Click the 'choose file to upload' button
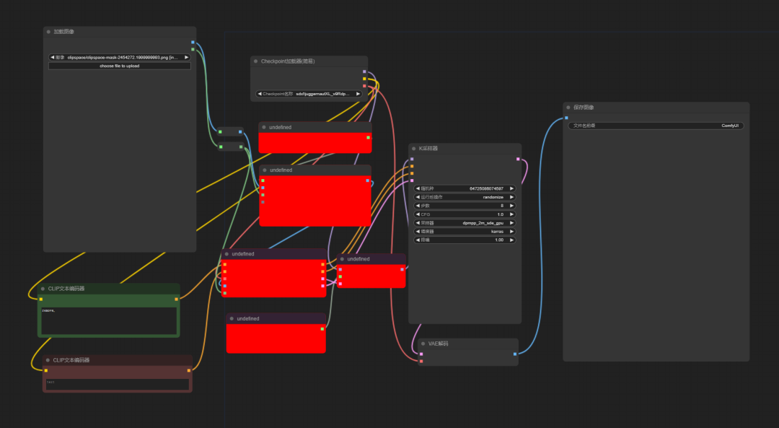click(x=120, y=66)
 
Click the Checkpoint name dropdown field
click(x=309, y=94)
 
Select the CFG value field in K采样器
click(x=465, y=214)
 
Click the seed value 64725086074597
click(x=465, y=188)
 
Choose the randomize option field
click(x=465, y=197)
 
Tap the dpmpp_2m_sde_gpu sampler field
click(x=465, y=222)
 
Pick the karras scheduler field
click(x=465, y=231)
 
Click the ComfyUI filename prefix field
click(x=656, y=126)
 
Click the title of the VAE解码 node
click(x=439, y=344)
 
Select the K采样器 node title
click(x=428, y=148)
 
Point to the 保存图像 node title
click(x=584, y=108)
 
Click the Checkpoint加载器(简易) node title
click(x=288, y=61)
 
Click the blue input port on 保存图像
click(x=566, y=118)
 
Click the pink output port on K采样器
click(x=518, y=159)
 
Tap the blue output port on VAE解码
click(x=515, y=354)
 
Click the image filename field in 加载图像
click(x=120, y=57)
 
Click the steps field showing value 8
click(x=465, y=206)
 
